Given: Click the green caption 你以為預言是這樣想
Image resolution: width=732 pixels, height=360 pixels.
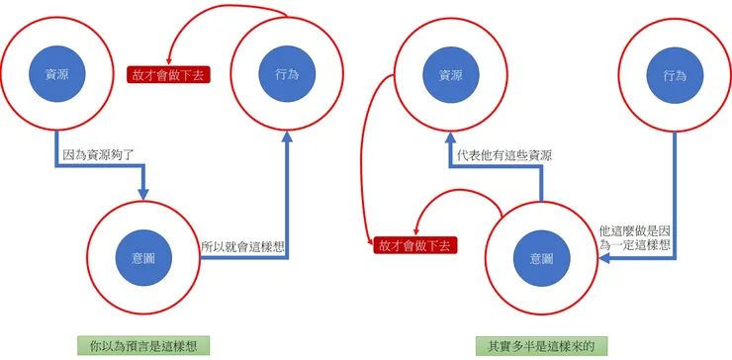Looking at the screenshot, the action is click(144, 346).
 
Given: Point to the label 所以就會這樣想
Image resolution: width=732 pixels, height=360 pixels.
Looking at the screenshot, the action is click(242, 246).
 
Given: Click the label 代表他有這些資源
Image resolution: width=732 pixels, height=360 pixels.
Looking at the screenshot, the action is click(504, 156).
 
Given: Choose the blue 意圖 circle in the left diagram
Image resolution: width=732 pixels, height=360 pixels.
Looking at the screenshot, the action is click(144, 257).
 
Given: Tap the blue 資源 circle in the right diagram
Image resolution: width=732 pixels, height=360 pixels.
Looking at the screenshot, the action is click(450, 74).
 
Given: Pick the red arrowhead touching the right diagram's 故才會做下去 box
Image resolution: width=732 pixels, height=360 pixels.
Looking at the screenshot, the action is click(416, 231).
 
